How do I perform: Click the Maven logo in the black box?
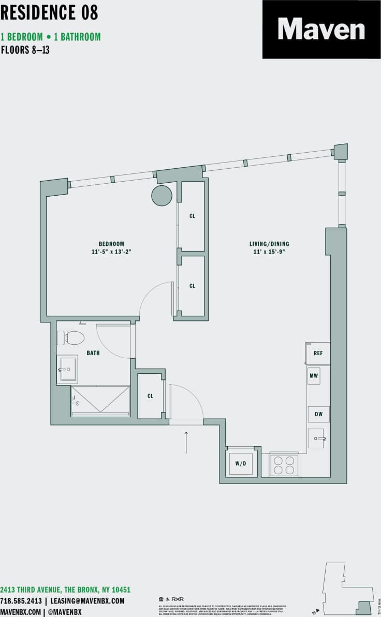click(x=321, y=29)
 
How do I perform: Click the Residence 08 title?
click(x=49, y=13)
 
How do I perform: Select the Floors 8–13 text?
click(x=25, y=51)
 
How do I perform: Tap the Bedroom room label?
click(x=111, y=244)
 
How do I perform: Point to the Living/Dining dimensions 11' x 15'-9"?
click(x=269, y=252)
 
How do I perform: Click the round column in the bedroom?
click(x=162, y=195)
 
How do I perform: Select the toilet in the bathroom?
click(x=71, y=338)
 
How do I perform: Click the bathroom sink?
click(x=68, y=369)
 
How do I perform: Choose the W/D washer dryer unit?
click(x=241, y=464)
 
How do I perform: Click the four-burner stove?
click(x=284, y=464)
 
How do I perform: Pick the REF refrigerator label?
click(x=318, y=353)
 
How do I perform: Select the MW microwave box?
click(x=314, y=376)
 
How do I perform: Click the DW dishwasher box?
click(x=318, y=414)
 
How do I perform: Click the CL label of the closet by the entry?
click(x=151, y=396)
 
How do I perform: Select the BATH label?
click(x=93, y=353)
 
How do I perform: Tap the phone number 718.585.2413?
click(x=21, y=601)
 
